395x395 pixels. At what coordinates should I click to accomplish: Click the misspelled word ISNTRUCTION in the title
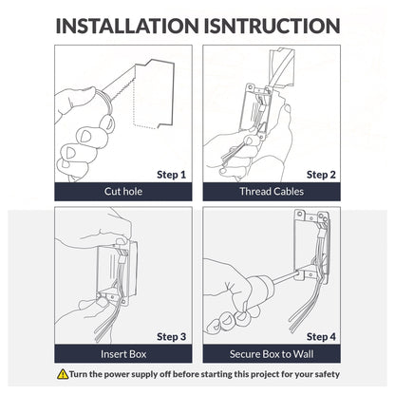[272, 26]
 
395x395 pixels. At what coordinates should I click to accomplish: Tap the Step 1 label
[171, 175]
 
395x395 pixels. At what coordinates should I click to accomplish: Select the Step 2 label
[321, 175]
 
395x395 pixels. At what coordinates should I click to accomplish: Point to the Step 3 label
[171, 337]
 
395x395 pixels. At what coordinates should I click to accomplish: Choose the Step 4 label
[321, 337]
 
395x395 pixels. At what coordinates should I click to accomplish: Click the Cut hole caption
[123, 192]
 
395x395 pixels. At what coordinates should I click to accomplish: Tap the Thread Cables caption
[272, 192]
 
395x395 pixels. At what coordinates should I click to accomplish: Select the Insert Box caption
[123, 354]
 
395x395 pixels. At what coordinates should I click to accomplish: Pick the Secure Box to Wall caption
[272, 354]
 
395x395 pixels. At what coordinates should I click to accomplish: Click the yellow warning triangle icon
[63, 374]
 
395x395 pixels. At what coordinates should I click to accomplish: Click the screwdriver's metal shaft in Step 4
[284, 278]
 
